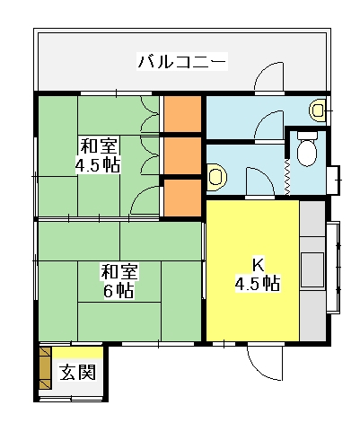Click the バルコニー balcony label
click(182, 61)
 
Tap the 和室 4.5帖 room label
click(98, 155)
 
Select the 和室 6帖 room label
click(119, 281)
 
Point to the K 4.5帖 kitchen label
click(258, 275)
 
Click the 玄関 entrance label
click(78, 372)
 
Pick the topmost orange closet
click(182, 114)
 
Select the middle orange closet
click(182, 155)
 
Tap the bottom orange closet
click(182, 198)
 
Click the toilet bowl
click(307, 153)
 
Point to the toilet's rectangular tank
click(307, 136)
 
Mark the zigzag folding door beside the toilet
click(287, 177)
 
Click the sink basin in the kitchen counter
click(312, 269)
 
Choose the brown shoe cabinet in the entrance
click(45, 368)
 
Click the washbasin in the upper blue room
click(317, 110)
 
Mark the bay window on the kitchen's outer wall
click(333, 268)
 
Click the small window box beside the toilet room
click(333, 180)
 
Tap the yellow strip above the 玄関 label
click(78, 353)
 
